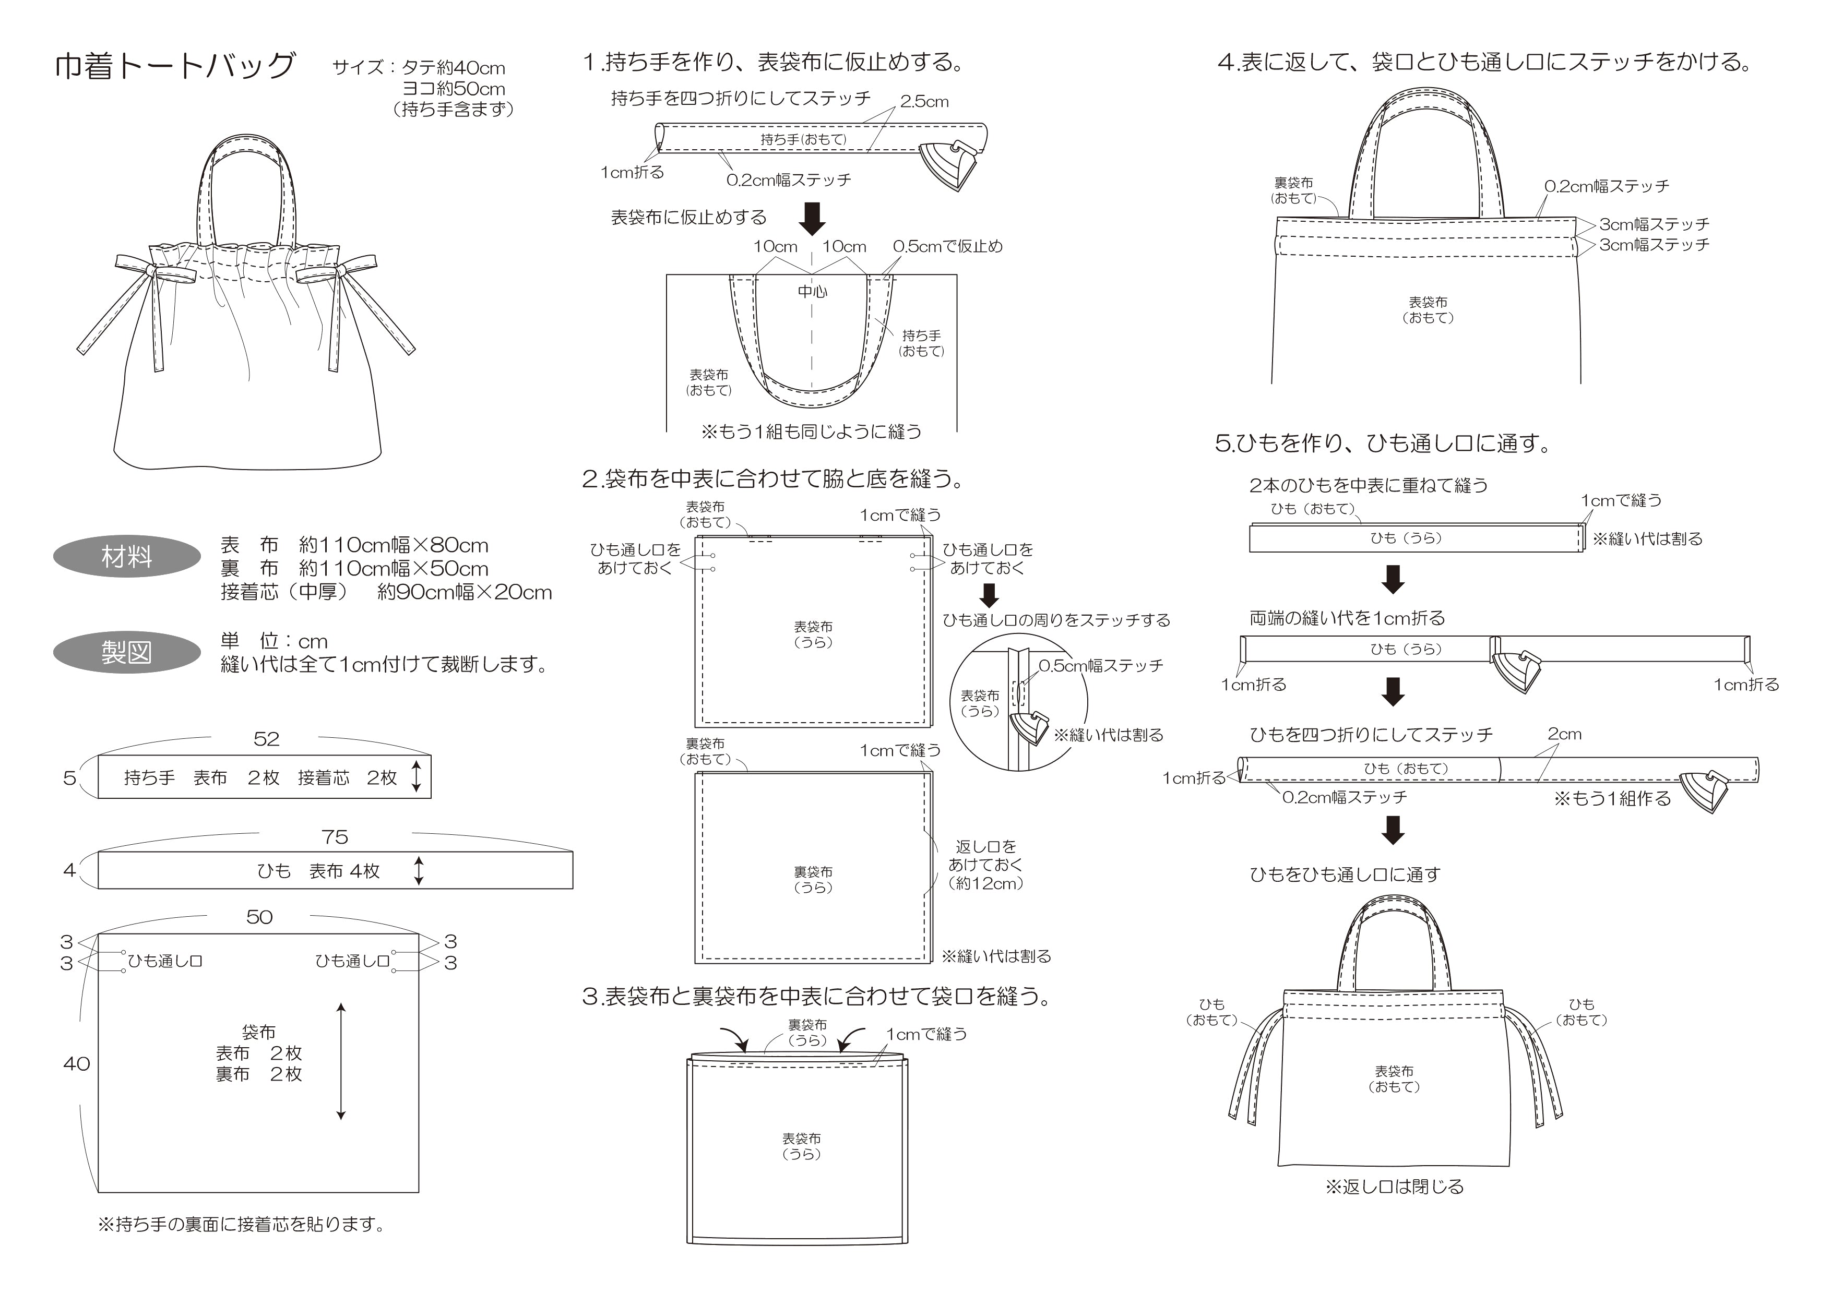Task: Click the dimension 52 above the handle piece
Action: [x=266, y=739]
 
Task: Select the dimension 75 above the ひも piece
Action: [x=335, y=837]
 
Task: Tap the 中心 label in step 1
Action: [x=813, y=292]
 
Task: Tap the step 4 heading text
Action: [x=1483, y=62]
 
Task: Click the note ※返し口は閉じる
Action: [x=1394, y=1187]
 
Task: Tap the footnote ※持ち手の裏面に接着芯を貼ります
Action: [x=241, y=1225]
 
